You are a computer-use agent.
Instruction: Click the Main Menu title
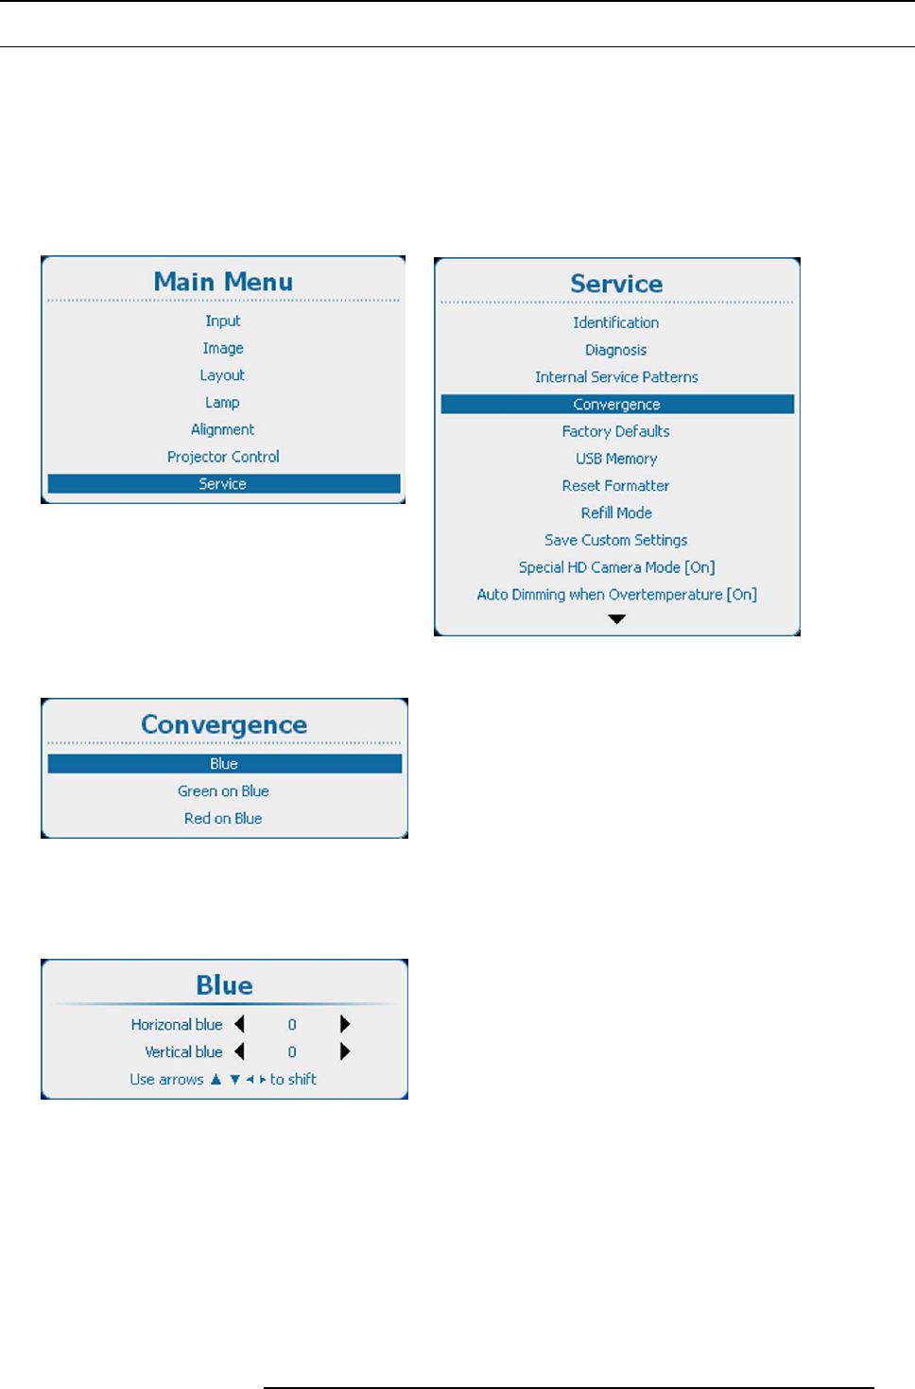coord(223,282)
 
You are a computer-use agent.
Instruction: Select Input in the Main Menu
coord(223,321)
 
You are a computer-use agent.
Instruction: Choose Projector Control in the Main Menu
coord(223,457)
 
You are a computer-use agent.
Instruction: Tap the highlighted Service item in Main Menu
coord(223,484)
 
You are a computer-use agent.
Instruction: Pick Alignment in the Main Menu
coord(223,429)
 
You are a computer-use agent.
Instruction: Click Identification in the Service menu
coord(616,322)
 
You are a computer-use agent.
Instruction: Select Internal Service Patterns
coord(616,377)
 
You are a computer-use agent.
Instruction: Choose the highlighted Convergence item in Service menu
coord(616,405)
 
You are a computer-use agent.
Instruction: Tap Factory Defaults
coord(616,431)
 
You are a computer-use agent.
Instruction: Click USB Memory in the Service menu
coord(616,459)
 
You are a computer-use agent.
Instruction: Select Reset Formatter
coord(616,486)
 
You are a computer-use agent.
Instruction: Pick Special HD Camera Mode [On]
coord(616,567)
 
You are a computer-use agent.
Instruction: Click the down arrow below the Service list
coord(617,619)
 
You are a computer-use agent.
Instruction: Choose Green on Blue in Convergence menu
coord(223,791)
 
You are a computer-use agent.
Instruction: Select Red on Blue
coord(223,819)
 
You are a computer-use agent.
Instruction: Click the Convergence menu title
coord(224,724)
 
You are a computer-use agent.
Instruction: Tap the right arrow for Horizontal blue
coord(345,1024)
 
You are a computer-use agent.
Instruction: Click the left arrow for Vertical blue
coord(239,1051)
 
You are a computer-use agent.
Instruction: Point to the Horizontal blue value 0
coord(292,1025)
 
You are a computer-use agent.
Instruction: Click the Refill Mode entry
coord(616,513)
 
